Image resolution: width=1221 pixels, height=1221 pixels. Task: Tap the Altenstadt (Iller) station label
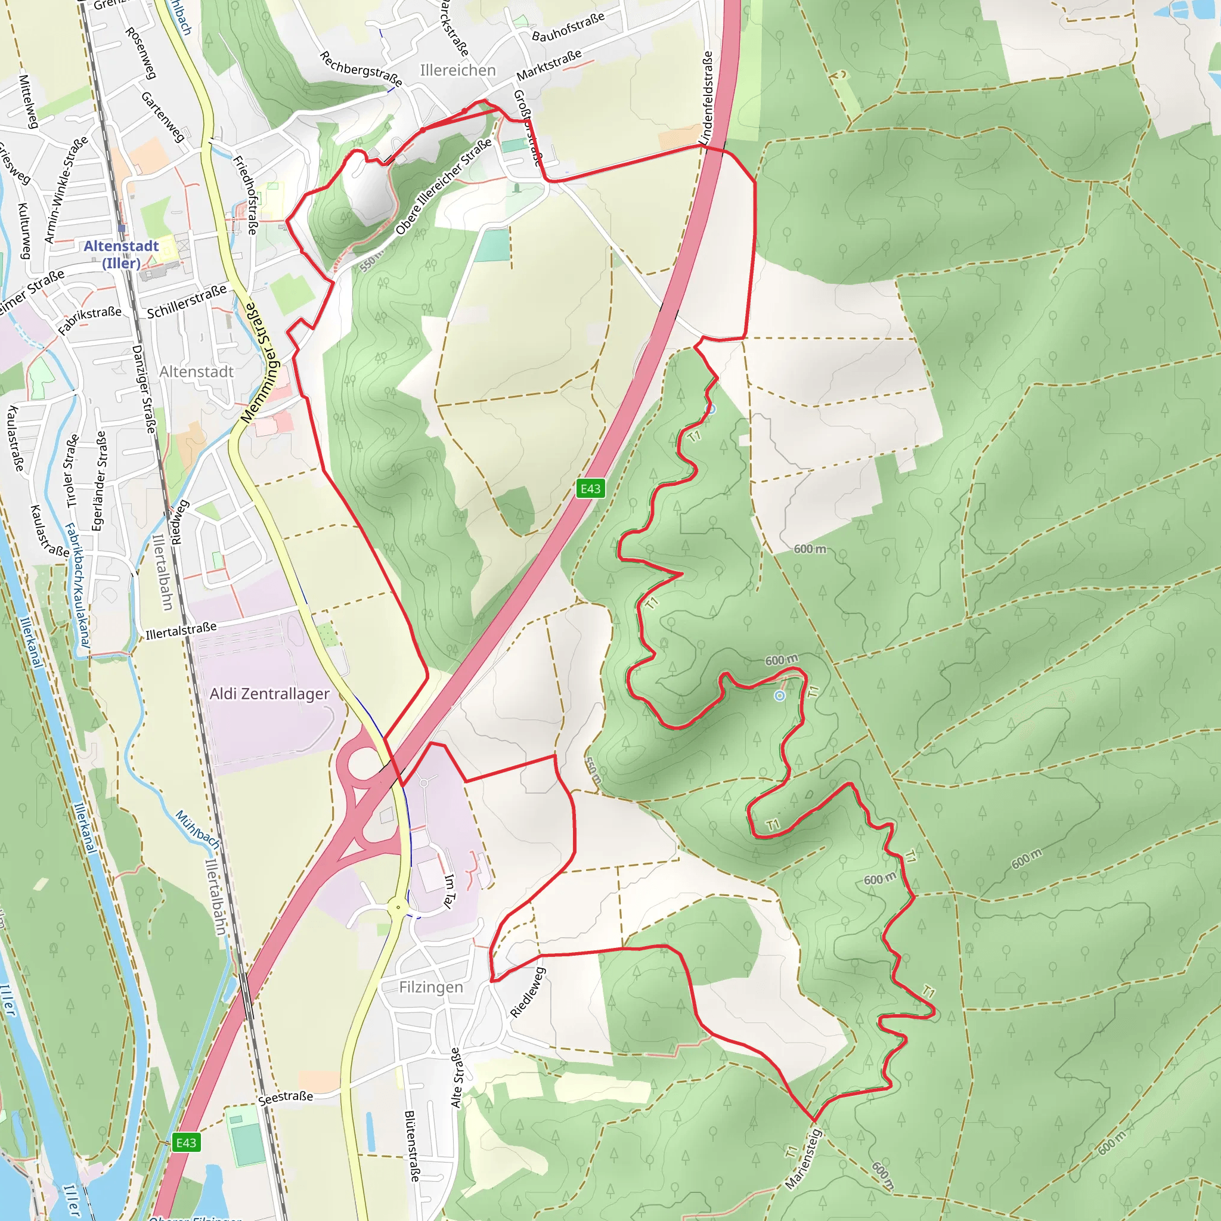(x=122, y=254)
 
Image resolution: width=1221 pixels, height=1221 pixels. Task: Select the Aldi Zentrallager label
(x=269, y=693)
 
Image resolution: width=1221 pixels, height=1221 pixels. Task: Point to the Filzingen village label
(x=431, y=987)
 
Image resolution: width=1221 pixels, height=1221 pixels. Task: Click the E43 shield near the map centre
(x=590, y=488)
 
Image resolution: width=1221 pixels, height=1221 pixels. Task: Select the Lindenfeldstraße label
(x=706, y=98)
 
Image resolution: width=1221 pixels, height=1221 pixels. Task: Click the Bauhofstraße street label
(x=568, y=27)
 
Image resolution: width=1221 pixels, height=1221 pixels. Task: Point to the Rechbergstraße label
(x=361, y=68)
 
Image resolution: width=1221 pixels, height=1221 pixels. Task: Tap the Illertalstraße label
(x=181, y=631)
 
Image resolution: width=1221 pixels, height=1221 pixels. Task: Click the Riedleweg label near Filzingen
(x=527, y=992)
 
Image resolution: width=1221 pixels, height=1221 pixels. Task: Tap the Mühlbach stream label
(x=197, y=829)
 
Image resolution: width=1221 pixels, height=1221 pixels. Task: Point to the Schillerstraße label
(x=187, y=302)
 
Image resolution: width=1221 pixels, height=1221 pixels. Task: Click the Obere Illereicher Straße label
(x=444, y=187)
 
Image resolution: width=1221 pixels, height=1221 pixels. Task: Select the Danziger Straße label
(x=144, y=389)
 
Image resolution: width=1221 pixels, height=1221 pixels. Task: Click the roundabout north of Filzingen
(x=398, y=908)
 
